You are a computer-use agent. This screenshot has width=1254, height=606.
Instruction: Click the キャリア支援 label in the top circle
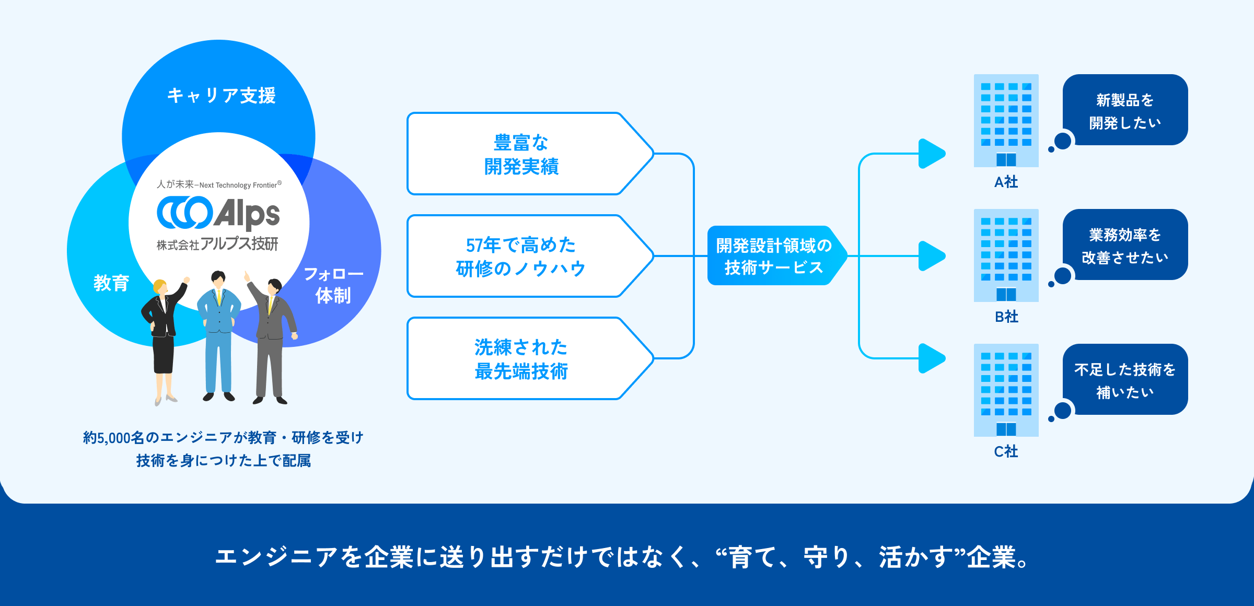tap(221, 96)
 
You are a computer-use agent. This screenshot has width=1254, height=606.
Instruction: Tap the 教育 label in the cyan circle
tap(111, 283)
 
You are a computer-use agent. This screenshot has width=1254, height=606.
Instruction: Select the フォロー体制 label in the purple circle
tap(333, 285)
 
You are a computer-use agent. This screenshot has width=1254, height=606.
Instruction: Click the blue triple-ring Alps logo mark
tap(184, 213)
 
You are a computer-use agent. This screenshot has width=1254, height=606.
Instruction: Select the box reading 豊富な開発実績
tap(521, 154)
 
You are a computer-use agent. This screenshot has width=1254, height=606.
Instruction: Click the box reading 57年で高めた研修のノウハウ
tap(521, 257)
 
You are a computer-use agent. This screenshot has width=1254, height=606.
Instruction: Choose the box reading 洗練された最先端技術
tap(521, 359)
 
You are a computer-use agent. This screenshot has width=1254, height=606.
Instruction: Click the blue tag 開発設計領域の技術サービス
tap(773, 256)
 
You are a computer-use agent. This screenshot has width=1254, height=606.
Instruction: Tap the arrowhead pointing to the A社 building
tap(931, 154)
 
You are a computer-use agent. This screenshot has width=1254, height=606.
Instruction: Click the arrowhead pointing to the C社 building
tap(931, 358)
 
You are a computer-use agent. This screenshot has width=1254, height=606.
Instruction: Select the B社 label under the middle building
tap(1006, 317)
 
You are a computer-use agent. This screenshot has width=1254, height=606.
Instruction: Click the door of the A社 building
tap(1006, 159)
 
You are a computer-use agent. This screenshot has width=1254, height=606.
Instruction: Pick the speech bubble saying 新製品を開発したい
tap(1125, 111)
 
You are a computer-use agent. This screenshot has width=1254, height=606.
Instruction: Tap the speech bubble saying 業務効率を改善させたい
tap(1125, 246)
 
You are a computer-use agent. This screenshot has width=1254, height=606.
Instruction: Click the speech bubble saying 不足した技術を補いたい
tap(1125, 380)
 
